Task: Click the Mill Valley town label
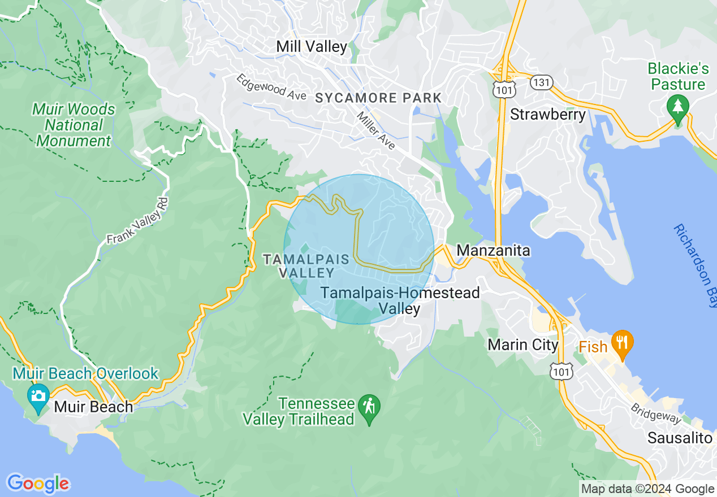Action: point(312,46)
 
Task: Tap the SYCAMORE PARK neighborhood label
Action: point(378,98)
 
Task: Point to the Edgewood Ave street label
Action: point(271,88)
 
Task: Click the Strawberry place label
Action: point(548,114)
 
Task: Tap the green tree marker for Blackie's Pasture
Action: point(677,106)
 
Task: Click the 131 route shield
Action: point(541,82)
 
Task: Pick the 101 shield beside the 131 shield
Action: point(502,89)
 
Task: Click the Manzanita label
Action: point(493,250)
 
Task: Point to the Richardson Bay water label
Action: point(695,265)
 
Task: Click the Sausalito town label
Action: point(680,438)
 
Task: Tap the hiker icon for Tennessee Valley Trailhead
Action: point(369,406)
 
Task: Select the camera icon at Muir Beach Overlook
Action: point(38,395)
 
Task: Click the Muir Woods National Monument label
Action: point(74,125)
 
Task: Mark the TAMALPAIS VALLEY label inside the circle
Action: point(300,265)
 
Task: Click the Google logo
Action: point(38,483)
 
